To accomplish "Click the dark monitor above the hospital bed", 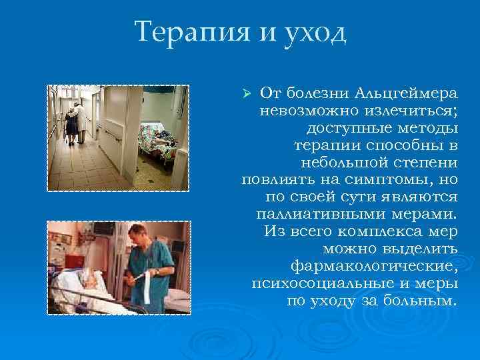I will point(103,228).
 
